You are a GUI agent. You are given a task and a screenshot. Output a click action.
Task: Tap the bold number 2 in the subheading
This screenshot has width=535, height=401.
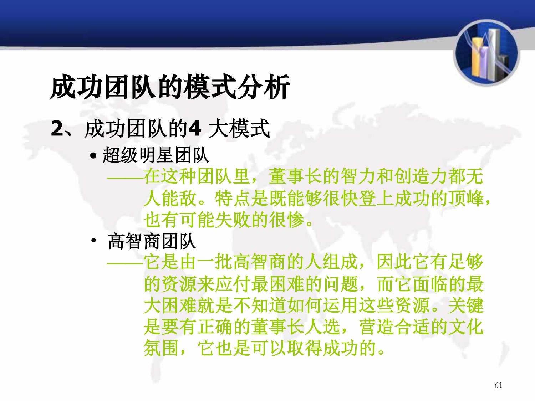pyautogui.click(x=57, y=129)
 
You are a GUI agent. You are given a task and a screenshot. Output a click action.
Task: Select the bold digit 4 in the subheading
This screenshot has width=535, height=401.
pyautogui.click(x=195, y=129)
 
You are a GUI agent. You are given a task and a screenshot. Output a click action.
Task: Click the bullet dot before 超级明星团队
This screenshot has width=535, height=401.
pyautogui.click(x=93, y=156)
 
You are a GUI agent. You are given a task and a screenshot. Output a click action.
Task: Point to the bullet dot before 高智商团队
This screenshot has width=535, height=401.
pyautogui.click(x=93, y=241)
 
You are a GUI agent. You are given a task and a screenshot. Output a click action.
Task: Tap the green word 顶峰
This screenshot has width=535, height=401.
pyautogui.click(x=466, y=198)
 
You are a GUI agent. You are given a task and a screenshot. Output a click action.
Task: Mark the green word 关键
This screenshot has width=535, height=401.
pyautogui.click(x=466, y=305)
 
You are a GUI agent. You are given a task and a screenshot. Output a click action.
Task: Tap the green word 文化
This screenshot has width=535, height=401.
pyautogui.click(x=466, y=327)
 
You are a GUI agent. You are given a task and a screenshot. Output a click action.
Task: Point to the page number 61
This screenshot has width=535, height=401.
pyautogui.click(x=498, y=385)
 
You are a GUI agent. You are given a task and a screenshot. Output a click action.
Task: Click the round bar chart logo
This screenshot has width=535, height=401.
pyautogui.click(x=486, y=53)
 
